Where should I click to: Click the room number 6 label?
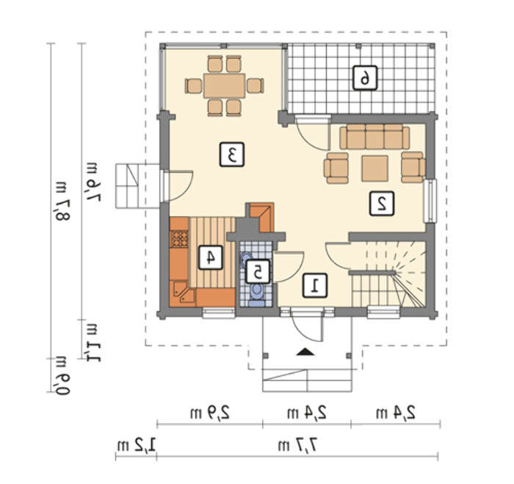(365, 78)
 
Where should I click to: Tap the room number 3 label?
(232, 154)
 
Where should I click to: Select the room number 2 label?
(382, 204)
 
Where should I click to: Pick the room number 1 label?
(314, 285)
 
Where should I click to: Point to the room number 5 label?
(258, 271)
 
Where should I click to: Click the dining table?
(225, 86)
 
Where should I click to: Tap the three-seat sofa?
(374, 137)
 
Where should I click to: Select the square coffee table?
(375, 168)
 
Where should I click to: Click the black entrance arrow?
(305, 352)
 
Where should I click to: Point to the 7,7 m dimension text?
(298, 446)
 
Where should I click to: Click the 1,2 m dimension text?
(137, 446)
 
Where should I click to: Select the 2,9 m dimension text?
(210, 413)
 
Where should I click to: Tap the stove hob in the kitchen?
(179, 238)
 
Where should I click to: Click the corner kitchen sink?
(183, 293)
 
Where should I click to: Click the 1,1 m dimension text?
(92, 342)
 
